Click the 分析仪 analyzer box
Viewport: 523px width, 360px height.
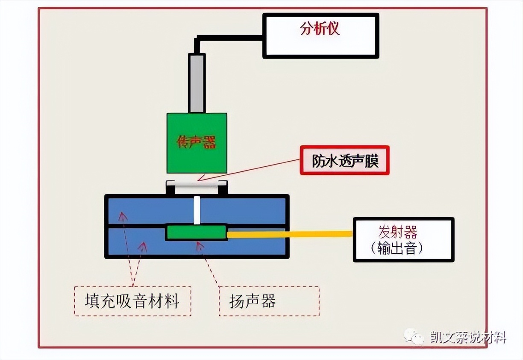(320, 35)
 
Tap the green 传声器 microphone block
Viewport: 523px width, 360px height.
(197, 143)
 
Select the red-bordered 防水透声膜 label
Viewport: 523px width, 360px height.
(344, 161)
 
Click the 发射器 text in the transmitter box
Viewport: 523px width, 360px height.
(397, 232)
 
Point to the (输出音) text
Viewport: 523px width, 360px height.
(397, 248)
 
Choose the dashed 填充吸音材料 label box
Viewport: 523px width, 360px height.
(132, 301)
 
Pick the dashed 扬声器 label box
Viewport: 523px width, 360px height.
(269, 301)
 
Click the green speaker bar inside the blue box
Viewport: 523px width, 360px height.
(197, 232)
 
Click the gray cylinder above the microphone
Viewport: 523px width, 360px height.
(197, 83)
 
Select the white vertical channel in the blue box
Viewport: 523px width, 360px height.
(197, 210)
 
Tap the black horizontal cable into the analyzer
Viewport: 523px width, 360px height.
(231, 38)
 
